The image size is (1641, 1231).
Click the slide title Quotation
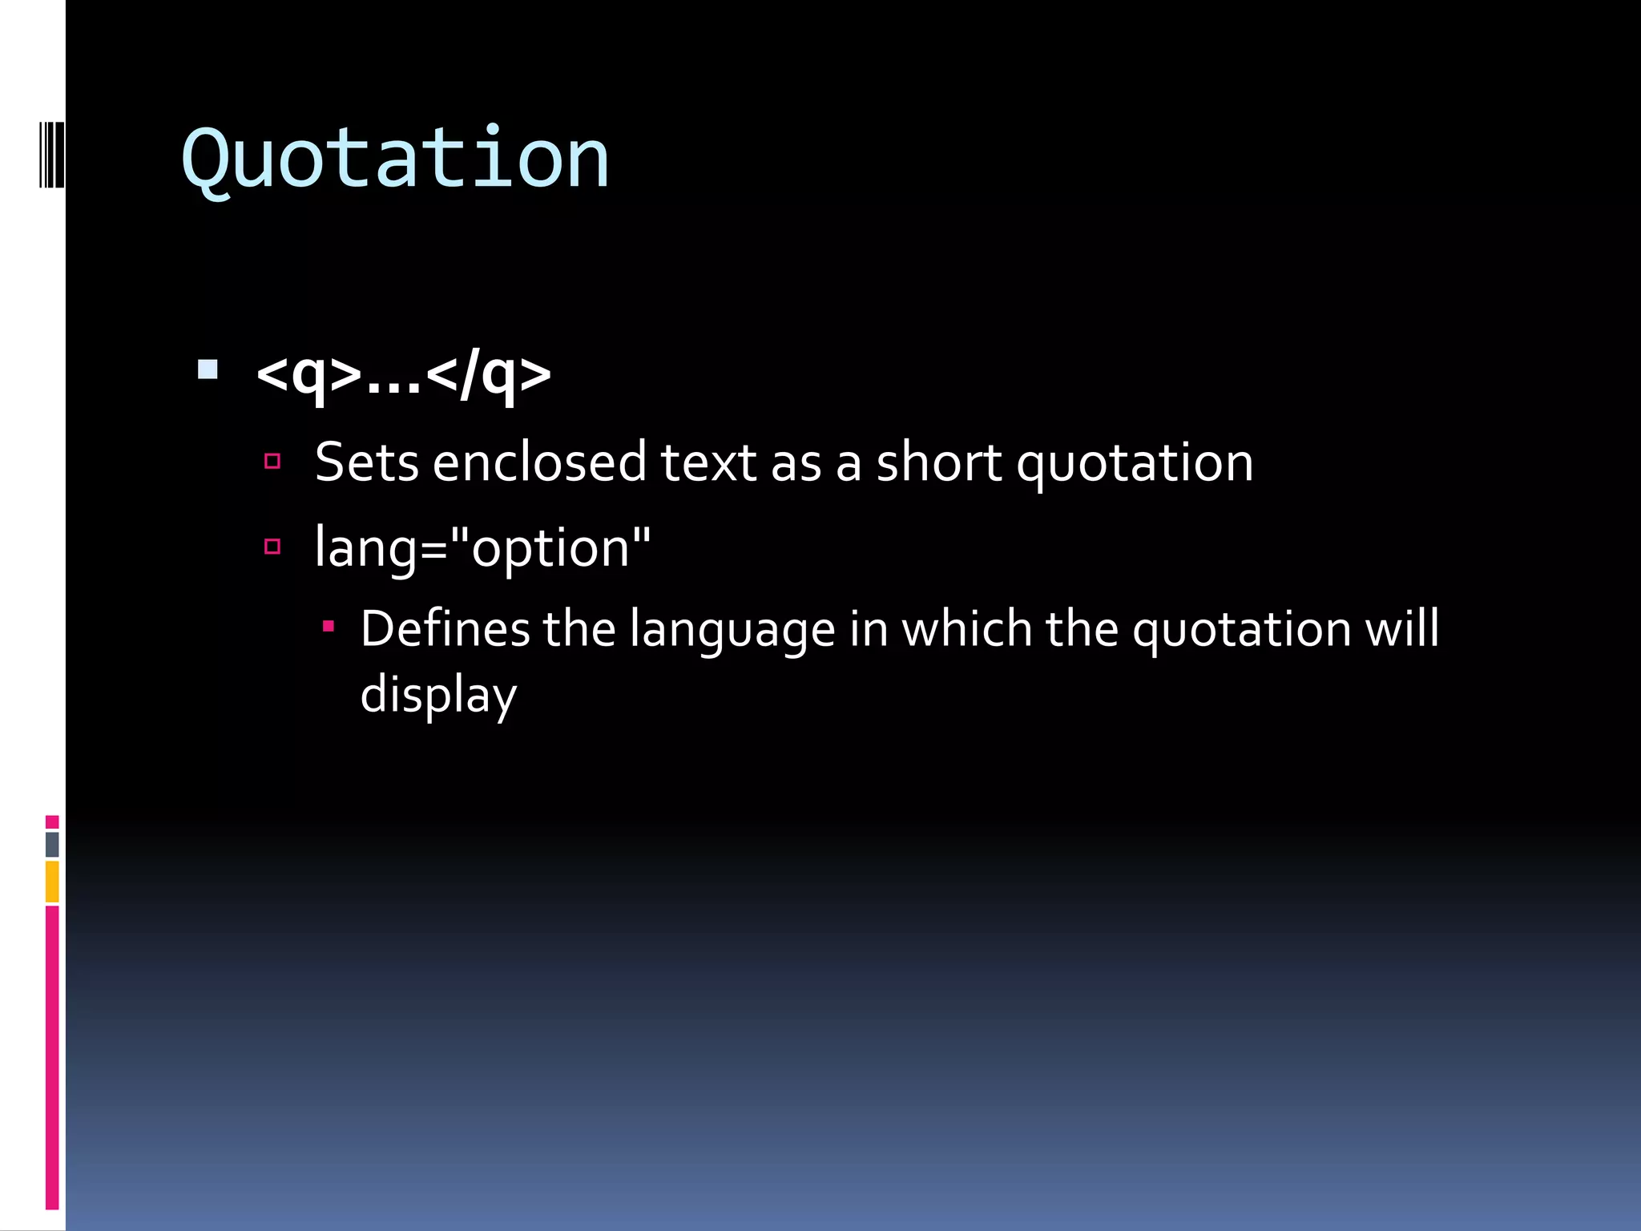coord(395,159)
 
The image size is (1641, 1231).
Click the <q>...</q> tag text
coord(403,374)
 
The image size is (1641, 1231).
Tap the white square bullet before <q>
coord(208,369)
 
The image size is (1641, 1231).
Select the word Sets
coord(366,462)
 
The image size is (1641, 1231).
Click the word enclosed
coord(538,462)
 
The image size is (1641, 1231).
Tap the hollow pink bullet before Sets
coord(272,461)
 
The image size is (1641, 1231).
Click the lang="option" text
coord(482,549)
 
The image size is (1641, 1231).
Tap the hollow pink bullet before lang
coord(272,547)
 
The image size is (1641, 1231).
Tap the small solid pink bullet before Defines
coord(328,625)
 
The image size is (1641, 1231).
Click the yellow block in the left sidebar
coord(52,882)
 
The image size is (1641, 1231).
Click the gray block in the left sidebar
coord(52,844)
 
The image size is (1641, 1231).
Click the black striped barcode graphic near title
coord(51,154)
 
